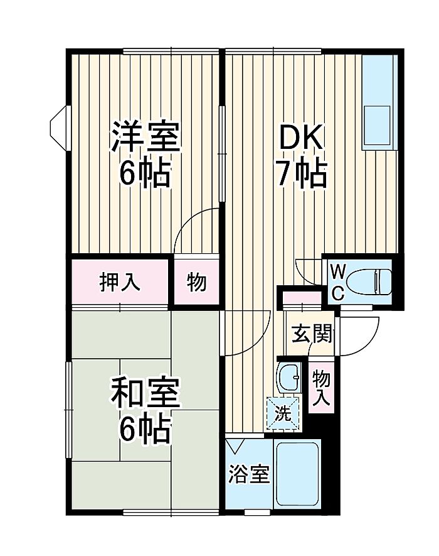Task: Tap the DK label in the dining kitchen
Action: point(301,137)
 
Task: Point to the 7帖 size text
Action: point(301,174)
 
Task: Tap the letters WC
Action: point(338,283)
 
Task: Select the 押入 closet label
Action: point(120,283)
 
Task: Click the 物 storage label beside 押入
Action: point(196,283)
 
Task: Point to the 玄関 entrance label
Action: point(312,334)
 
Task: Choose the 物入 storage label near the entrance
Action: point(321,388)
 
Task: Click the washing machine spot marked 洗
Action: point(283,413)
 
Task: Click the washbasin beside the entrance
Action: point(290,378)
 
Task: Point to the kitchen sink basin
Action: point(377,125)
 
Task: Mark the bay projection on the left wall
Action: point(60,128)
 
